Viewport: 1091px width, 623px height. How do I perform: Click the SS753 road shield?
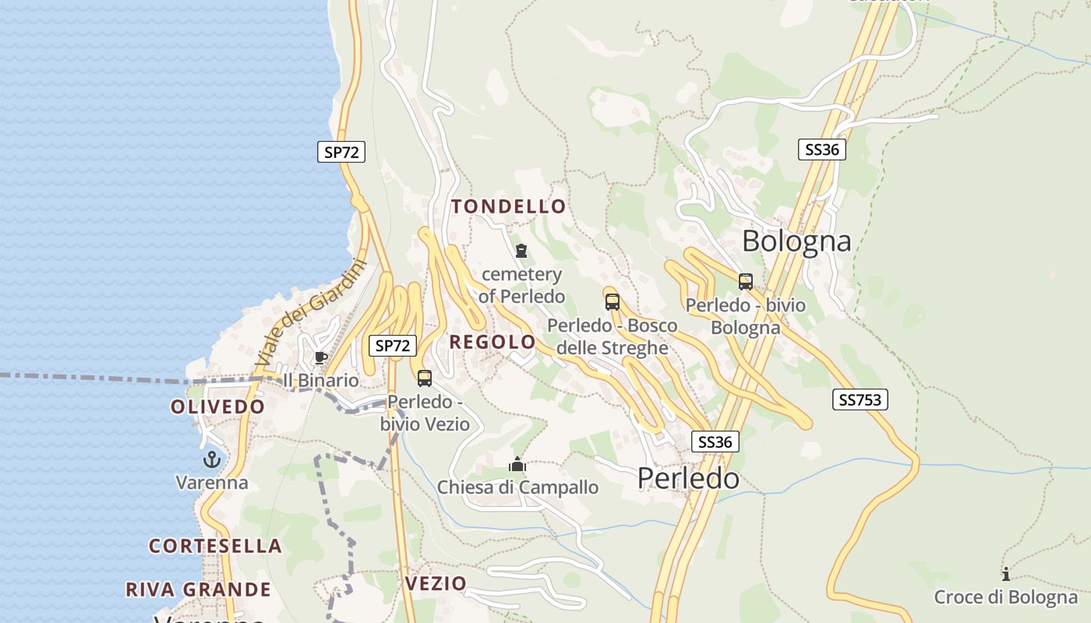pos(860,399)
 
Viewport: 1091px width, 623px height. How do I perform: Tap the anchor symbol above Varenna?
pos(212,459)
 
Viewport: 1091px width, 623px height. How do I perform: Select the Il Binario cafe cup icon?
pos(320,357)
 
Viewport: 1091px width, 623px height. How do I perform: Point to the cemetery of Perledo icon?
pos(521,251)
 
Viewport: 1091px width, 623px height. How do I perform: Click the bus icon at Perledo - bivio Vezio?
pos(425,378)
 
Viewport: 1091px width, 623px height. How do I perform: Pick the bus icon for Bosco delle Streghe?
pos(613,302)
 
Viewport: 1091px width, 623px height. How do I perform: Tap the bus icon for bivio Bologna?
pos(746,282)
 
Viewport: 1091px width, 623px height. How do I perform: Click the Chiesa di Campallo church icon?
pos(517,465)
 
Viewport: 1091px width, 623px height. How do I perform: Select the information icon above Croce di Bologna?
pos(1006,575)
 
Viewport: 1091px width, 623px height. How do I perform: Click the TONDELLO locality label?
pos(509,206)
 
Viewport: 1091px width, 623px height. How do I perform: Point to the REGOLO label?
pos(493,342)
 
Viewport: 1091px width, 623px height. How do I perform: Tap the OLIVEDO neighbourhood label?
pos(218,407)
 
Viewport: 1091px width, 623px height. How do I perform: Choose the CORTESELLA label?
pos(216,546)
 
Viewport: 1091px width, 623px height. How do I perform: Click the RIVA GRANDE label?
pos(199,590)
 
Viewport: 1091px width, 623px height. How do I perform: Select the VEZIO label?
pos(436,583)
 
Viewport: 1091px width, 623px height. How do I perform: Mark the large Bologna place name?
pos(796,241)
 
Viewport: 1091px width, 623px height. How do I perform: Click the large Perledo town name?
pos(688,478)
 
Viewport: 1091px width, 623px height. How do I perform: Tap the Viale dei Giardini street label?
pos(310,313)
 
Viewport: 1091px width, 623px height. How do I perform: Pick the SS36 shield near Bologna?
pos(822,150)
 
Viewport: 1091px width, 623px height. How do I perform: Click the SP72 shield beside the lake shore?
pos(341,152)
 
